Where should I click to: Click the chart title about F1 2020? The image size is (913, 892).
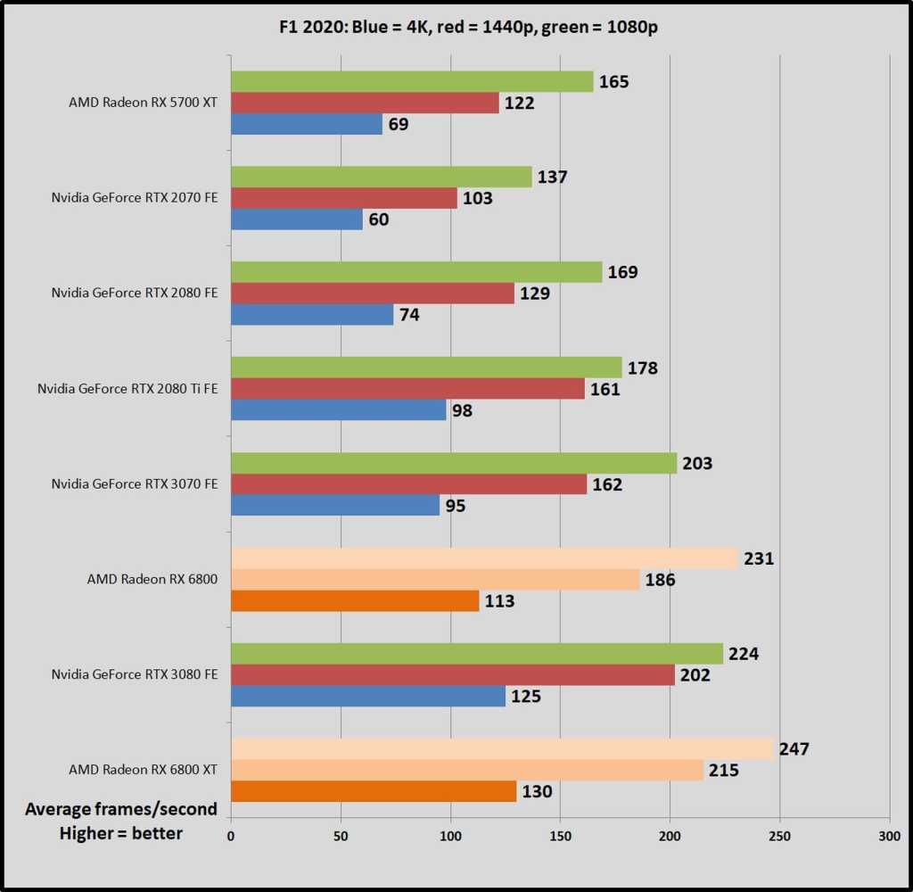(456, 27)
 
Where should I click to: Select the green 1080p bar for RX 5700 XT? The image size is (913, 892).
(412, 81)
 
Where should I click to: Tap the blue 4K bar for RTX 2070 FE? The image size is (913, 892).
(297, 219)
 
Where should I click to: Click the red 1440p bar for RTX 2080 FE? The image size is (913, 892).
(373, 293)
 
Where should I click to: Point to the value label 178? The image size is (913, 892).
(642, 368)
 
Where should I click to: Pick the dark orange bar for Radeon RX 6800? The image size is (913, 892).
(355, 600)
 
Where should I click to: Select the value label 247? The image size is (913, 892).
(794, 748)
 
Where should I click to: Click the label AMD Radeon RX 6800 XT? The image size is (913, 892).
(143, 770)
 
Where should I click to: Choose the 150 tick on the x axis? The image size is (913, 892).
(560, 837)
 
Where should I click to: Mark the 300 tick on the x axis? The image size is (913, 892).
(889, 837)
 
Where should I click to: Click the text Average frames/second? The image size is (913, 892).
(121, 809)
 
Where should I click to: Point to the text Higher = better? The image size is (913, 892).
(121, 833)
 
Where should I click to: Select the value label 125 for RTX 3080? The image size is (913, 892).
(526, 696)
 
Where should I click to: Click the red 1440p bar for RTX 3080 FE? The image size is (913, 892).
(453, 675)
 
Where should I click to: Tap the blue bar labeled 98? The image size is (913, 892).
(339, 409)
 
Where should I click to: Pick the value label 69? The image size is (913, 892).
(399, 124)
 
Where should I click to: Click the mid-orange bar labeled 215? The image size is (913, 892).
(467, 770)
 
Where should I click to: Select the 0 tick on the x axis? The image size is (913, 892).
(231, 837)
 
